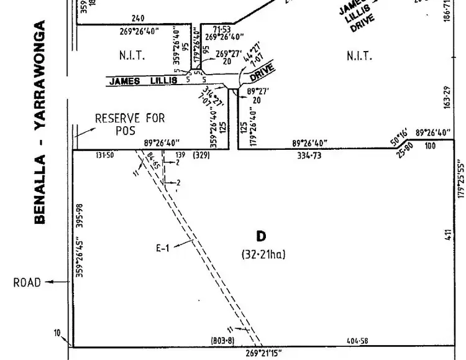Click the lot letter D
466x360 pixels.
[x=262, y=236]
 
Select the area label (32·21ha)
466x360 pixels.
[x=263, y=254]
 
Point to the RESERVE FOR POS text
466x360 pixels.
[x=130, y=124]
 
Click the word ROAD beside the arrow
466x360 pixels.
[x=27, y=283]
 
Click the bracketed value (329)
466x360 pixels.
[x=202, y=155]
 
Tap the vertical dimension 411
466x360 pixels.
[x=447, y=235]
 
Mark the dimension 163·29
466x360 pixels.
[x=447, y=97]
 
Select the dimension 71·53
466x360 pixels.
[x=222, y=29]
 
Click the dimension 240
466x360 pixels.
[x=138, y=19]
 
